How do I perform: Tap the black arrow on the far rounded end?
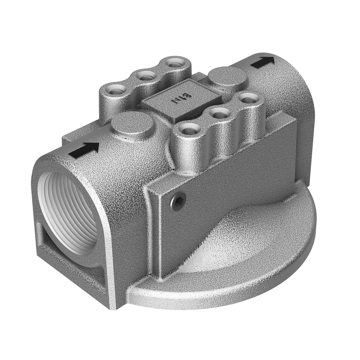coord(263,62)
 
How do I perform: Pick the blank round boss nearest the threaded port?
coord(132,122)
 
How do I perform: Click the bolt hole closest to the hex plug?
coord(189,128)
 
